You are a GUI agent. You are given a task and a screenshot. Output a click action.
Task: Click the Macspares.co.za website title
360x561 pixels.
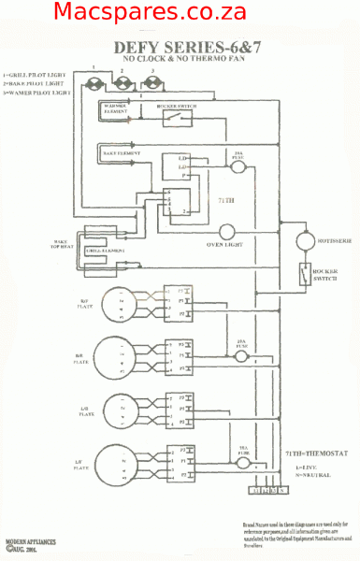150,13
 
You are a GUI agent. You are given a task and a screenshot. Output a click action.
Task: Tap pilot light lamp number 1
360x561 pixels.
94,84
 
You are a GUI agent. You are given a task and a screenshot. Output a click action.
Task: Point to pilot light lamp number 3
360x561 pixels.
153,84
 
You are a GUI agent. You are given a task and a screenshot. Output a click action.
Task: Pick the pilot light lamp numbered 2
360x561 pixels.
122,84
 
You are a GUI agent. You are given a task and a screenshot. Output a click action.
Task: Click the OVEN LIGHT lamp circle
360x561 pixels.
227,232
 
